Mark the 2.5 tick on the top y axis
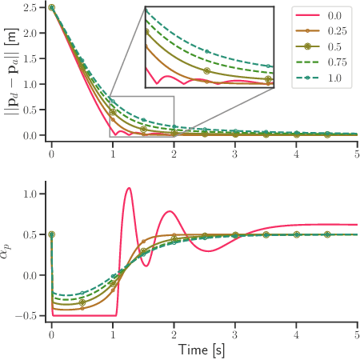pos(34,7)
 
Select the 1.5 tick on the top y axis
pos(34,58)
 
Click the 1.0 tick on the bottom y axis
pos(34,194)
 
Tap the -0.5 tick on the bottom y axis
pos(30,316)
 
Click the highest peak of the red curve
pos(128,188)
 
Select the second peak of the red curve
pos(170,211)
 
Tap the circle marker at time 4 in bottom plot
pos(296,234)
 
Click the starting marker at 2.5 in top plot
pos(52,7)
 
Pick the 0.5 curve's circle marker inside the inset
pos(207,70)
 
